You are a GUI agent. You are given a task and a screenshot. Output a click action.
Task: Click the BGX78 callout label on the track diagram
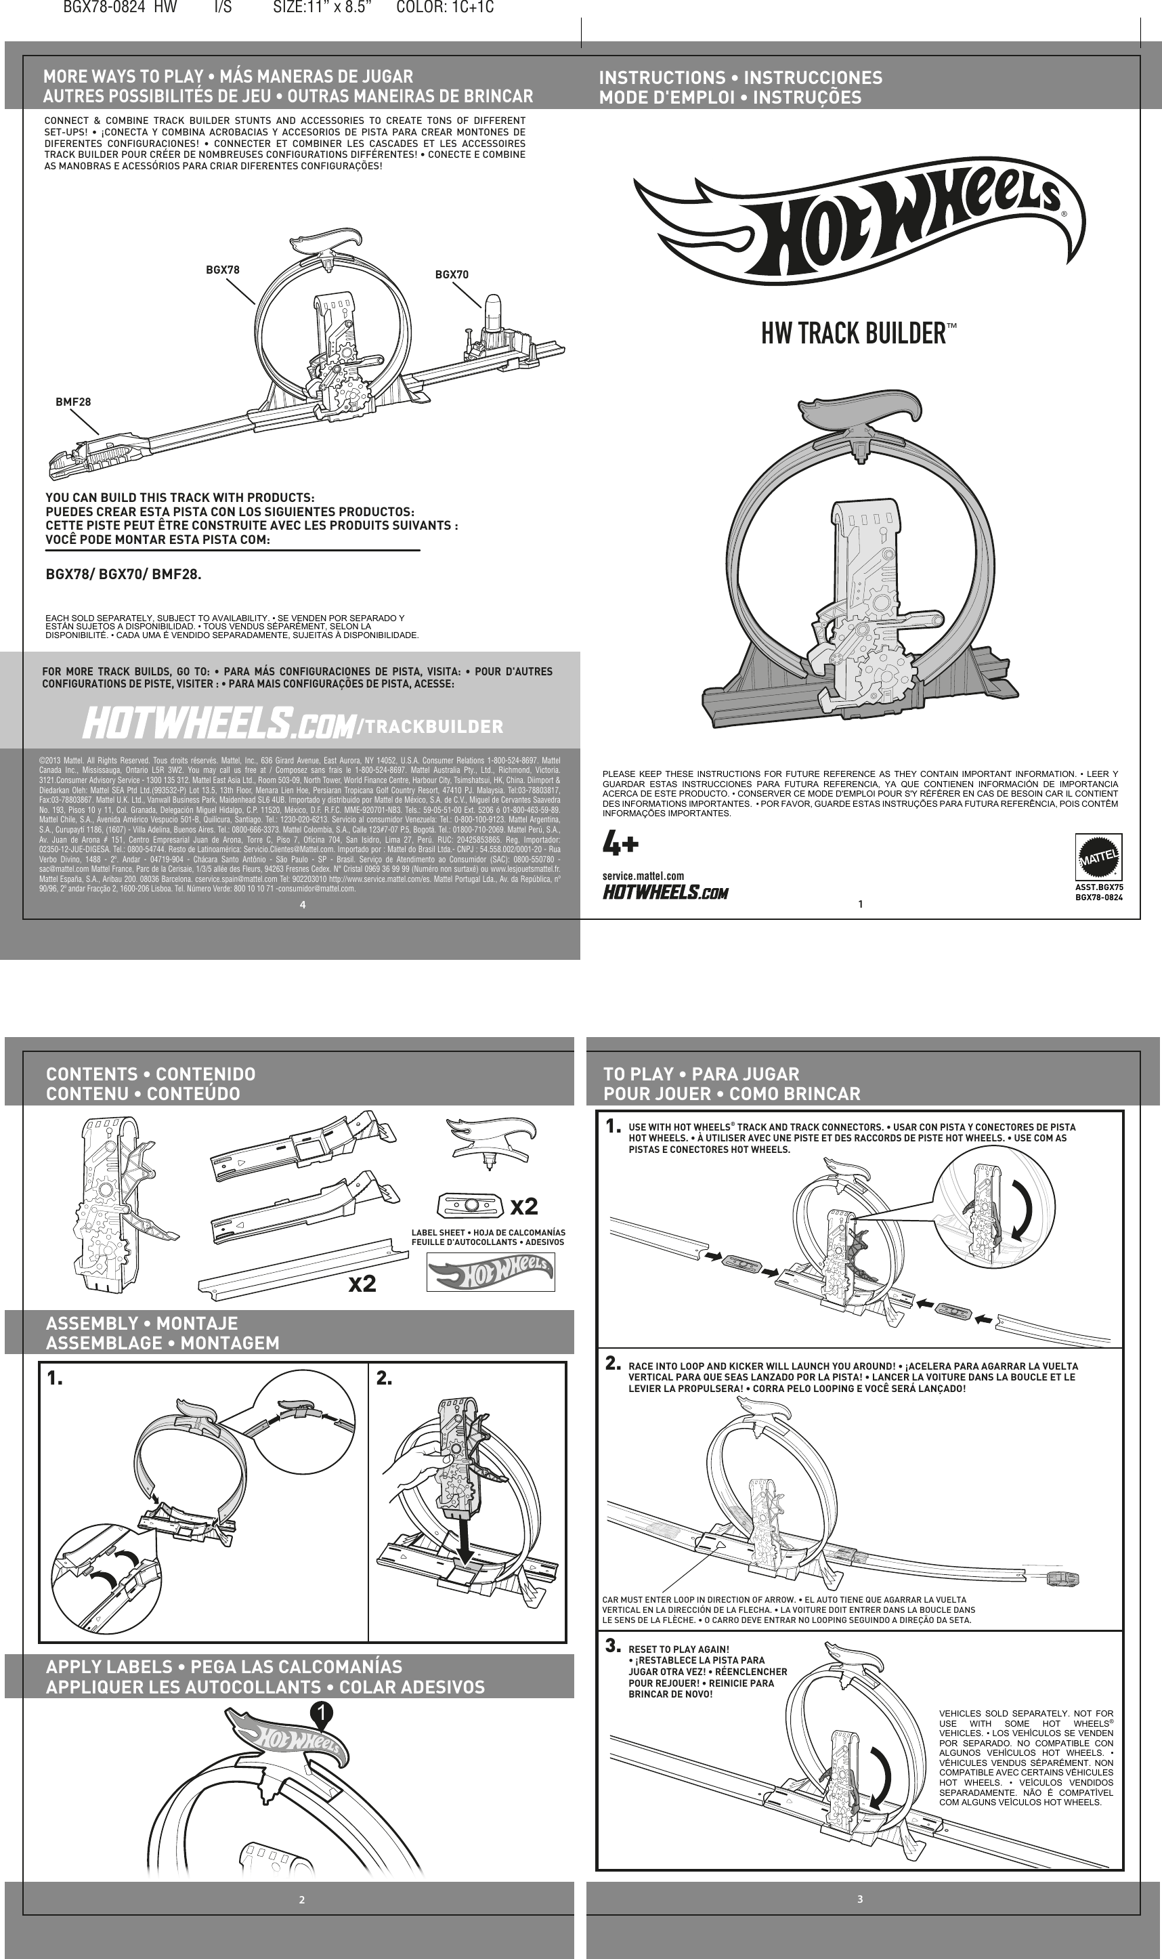pyautogui.click(x=222, y=270)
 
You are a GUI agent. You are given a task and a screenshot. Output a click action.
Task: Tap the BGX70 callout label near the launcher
pyautogui.click(x=452, y=275)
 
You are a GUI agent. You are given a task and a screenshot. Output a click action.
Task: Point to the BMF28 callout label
pyautogui.click(x=73, y=402)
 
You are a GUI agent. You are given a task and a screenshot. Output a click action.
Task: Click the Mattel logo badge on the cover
pyautogui.click(x=1098, y=857)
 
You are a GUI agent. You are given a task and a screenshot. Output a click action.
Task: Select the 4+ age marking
pyautogui.click(x=621, y=845)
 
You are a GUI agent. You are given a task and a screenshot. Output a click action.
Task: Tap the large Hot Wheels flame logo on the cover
pyautogui.click(x=858, y=222)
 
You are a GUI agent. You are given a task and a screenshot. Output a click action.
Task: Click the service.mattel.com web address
pyautogui.click(x=643, y=876)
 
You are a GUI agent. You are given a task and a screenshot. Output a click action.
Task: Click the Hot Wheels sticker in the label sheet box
pyautogui.click(x=490, y=1272)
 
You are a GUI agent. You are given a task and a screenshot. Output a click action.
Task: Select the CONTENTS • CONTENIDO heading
pyautogui.click(x=150, y=1074)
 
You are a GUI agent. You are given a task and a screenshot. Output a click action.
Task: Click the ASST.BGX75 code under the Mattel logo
pyautogui.click(x=1098, y=887)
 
